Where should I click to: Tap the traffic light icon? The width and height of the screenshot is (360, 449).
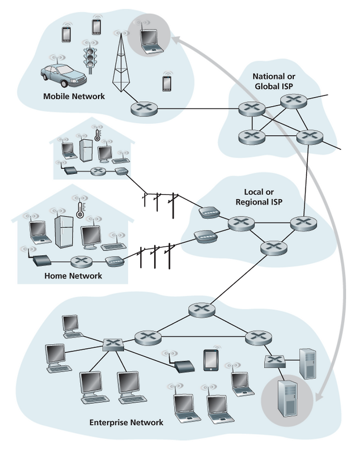[x=90, y=59]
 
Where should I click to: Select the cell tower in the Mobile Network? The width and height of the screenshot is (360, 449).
[x=121, y=62]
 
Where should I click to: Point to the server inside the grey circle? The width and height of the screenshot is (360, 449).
[x=288, y=399]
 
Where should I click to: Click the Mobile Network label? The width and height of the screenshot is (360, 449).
[x=74, y=96]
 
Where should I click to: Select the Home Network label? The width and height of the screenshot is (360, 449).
[x=73, y=276]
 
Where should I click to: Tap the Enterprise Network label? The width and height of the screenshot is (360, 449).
[x=126, y=423]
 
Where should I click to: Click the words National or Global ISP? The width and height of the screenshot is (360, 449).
[x=274, y=81]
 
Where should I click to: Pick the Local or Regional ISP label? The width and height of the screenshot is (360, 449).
[x=259, y=197]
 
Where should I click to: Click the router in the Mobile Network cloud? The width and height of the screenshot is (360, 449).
[x=144, y=109]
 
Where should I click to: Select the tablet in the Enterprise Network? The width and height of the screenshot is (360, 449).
[x=211, y=360]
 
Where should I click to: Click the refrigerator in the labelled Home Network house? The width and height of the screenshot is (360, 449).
[x=64, y=232]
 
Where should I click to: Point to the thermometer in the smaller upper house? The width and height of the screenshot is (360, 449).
[x=97, y=135]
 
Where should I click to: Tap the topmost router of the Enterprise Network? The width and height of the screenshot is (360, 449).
[x=202, y=310]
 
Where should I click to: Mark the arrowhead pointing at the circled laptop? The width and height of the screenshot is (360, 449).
[x=176, y=40]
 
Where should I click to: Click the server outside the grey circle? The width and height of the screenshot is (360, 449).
[x=308, y=364]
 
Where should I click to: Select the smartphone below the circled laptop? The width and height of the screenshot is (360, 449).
[x=167, y=84]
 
